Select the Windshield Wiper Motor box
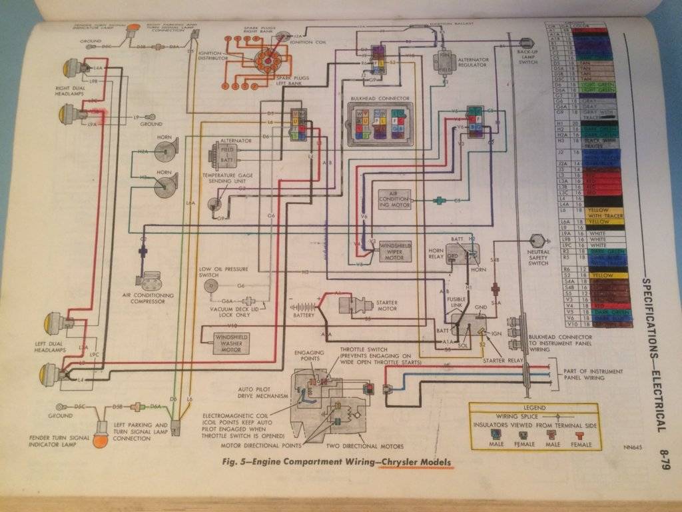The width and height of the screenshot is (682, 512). pyautogui.click(x=396, y=253)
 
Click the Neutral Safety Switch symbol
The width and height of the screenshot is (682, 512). pyautogui.click(x=537, y=241)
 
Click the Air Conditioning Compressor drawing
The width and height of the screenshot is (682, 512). pyautogui.click(x=153, y=279)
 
